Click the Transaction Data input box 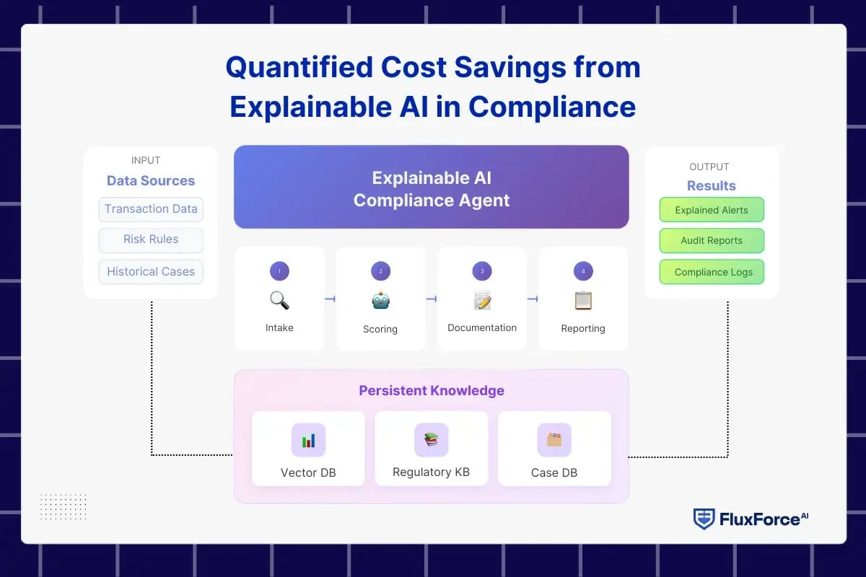151,209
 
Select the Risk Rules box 151,239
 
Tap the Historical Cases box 151,272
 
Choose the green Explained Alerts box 711,211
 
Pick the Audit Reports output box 711,241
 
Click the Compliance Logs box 712,272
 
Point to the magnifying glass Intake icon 279,300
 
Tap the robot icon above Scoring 380,300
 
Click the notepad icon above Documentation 482,300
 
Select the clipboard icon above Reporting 583,300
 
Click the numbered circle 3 482,271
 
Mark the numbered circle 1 279,271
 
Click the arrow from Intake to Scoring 331,299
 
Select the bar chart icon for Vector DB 308,440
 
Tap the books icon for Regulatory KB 431,439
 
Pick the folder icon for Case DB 554,439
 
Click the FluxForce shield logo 704,519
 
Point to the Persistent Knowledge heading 432,391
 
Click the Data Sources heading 151,181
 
